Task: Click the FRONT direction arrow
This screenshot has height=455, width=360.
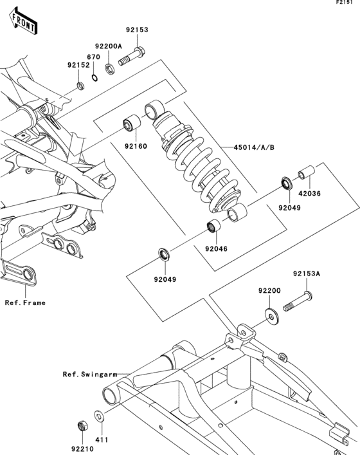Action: (23, 22)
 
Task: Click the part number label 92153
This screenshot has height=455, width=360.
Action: (137, 30)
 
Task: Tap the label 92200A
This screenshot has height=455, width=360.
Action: (109, 46)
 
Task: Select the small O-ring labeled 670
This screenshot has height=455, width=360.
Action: (94, 77)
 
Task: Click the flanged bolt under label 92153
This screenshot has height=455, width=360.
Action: (132, 57)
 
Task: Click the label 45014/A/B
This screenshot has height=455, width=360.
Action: (254, 147)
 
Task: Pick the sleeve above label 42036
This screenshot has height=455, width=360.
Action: (307, 172)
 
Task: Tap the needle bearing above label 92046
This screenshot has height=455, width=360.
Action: (213, 226)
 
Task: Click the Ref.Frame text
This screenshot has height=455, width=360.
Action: (25, 302)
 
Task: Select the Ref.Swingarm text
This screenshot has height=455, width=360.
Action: (90, 374)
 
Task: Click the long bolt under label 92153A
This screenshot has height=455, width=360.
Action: (298, 302)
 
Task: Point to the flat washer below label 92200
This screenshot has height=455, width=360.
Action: (271, 317)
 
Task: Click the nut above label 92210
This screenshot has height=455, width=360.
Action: (83, 426)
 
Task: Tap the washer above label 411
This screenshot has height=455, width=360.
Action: (100, 416)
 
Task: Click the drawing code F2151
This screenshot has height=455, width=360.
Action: (345, 3)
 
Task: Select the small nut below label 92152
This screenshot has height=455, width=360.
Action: (80, 86)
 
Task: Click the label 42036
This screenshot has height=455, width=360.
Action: (310, 193)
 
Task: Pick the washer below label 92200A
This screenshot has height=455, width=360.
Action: (109, 69)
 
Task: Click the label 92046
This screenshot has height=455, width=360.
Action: (216, 248)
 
